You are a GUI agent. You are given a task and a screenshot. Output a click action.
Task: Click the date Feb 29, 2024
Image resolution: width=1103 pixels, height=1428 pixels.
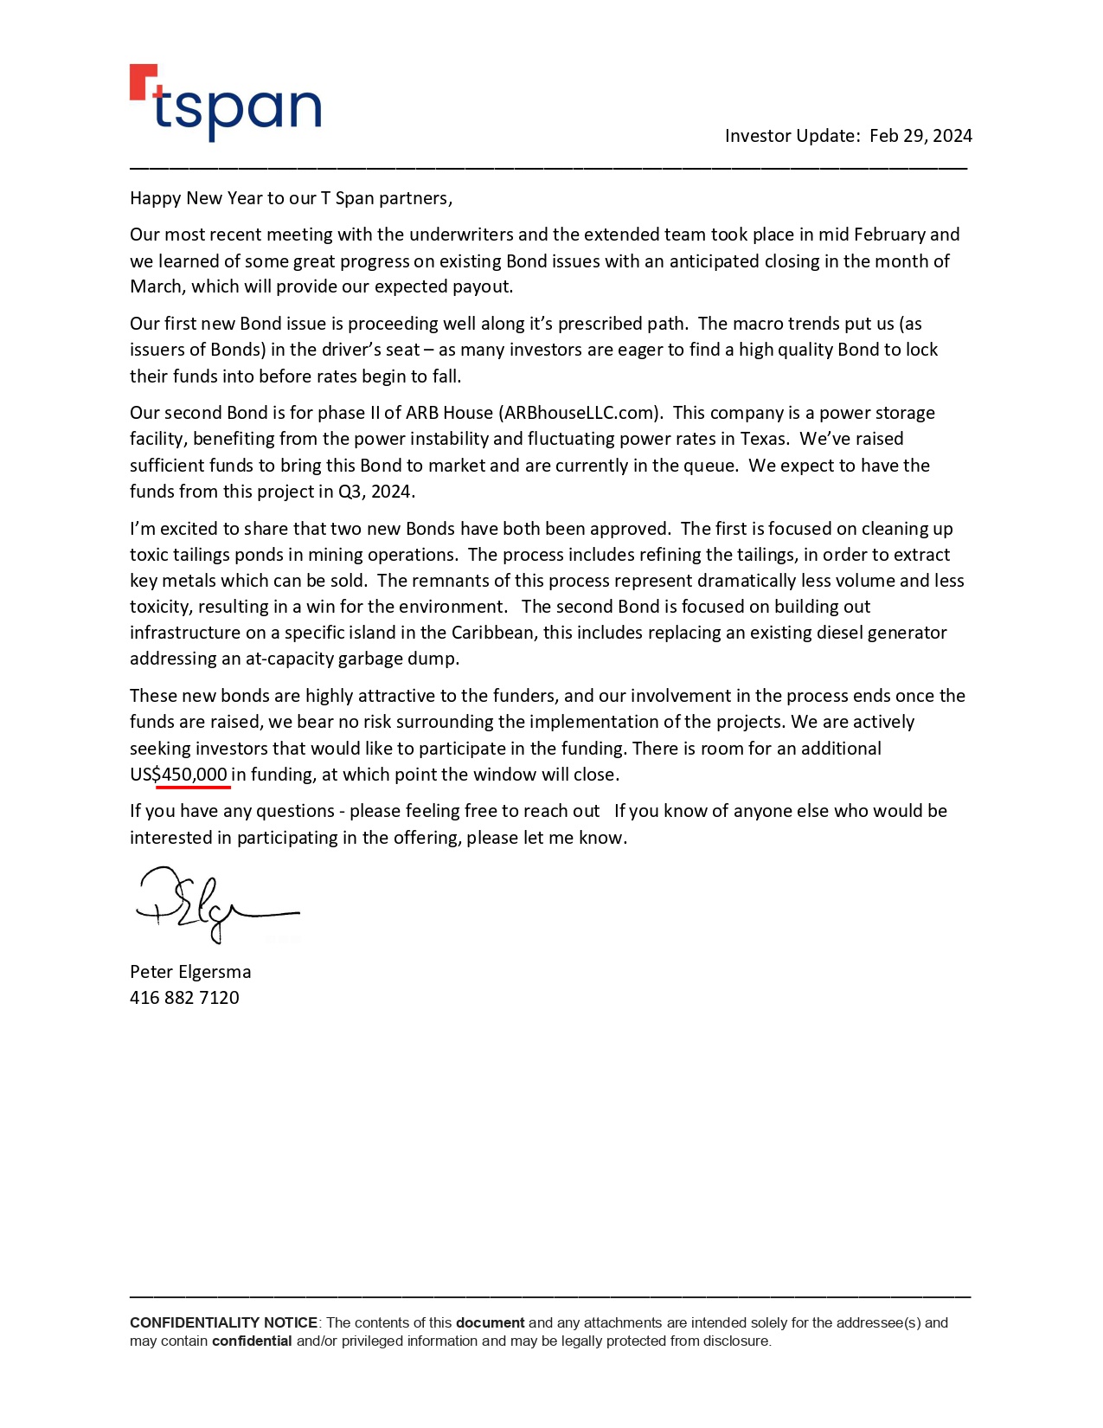tap(920, 136)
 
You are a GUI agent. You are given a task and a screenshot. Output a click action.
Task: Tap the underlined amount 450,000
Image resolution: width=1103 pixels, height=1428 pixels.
tap(194, 775)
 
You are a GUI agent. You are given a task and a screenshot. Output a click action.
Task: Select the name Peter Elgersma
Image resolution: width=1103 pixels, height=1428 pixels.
tap(190, 972)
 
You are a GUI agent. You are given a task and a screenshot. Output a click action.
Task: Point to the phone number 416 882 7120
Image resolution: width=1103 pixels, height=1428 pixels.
tap(184, 998)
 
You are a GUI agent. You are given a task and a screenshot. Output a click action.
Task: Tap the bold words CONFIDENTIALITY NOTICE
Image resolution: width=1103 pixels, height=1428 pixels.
tap(223, 1322)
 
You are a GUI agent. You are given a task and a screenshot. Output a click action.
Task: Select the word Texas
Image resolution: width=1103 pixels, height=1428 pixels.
tap(763, 439)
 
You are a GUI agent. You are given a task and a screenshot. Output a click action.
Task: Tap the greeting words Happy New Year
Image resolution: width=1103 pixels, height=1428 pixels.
tap(196, 198)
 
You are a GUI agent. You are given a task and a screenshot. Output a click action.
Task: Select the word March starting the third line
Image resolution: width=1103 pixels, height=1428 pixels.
tap(156, 286)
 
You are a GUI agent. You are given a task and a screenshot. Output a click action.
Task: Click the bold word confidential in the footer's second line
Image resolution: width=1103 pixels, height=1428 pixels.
tap(252, 1341)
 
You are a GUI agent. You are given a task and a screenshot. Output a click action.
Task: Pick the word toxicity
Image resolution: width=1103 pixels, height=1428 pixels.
tap(161, 607)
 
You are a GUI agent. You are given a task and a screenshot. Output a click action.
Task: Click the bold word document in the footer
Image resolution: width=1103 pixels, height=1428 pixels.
tap(490, 1322)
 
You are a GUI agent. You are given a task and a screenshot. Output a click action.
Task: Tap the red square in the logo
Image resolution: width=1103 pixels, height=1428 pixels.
tap(142, 80)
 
